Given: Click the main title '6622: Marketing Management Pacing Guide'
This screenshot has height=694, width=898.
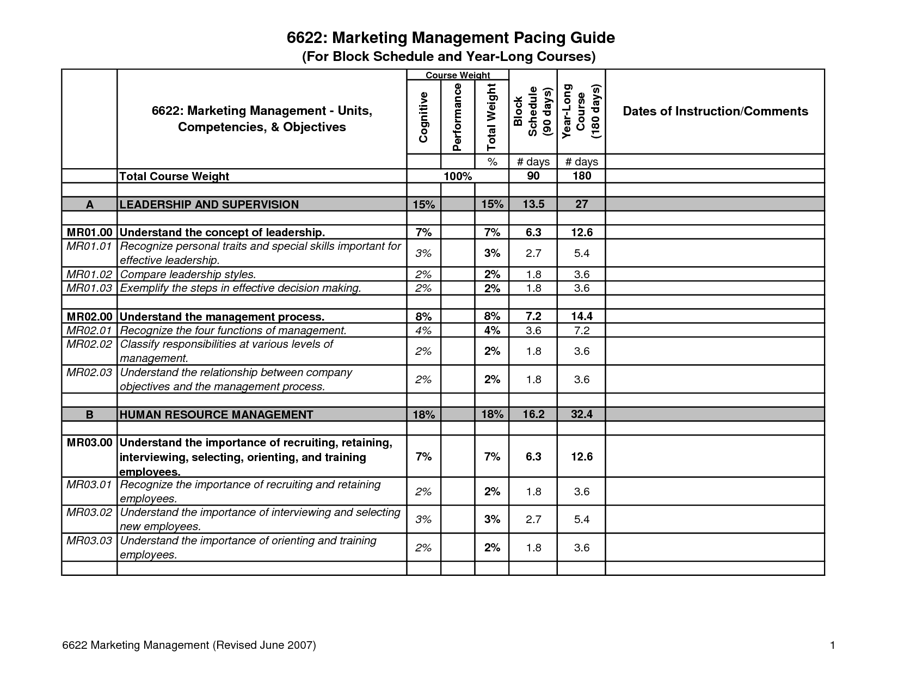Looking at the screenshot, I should (451, 38).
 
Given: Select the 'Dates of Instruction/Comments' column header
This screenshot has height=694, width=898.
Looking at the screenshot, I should (715, 112).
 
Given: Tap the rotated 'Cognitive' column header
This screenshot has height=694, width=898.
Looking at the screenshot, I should (423, 117).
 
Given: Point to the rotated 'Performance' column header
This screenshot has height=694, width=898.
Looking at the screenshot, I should (457, 116).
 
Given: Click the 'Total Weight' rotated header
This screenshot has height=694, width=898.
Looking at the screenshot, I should (491, 116).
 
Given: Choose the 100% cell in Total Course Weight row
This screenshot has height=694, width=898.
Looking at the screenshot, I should (458, 176).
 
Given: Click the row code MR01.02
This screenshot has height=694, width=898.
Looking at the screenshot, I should (89, 274).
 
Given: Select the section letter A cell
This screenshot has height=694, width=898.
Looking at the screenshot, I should (90, 205).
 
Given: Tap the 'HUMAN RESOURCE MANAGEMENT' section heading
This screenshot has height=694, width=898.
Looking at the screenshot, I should (216, 415).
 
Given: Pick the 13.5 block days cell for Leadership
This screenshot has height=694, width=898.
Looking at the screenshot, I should (533, 204).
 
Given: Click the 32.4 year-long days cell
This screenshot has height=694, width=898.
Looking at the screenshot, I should (581, 414).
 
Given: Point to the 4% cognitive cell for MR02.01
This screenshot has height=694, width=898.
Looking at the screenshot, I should (423, 330).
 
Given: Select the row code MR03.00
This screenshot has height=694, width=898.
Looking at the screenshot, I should (89, 443).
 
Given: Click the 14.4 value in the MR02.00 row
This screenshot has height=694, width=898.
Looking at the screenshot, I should (581, 316).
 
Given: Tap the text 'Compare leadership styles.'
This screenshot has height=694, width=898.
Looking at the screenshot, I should (188, 274).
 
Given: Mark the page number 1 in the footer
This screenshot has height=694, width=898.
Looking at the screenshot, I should (832, 646).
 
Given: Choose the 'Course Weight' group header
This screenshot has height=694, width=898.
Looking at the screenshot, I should (458, 75).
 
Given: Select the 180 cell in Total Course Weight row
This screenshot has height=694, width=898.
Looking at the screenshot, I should (581, 176).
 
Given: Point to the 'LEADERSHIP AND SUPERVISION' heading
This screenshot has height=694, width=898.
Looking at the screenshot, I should (209, 205).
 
